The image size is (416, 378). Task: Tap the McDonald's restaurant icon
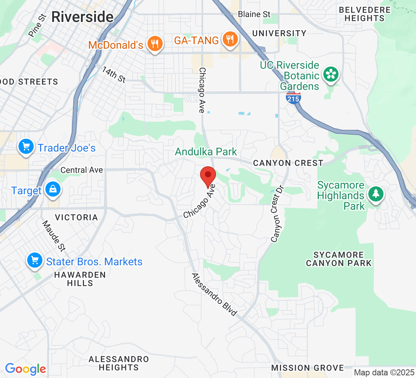pyautogui.click(x=154, y=43)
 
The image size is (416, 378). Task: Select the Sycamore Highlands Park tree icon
pyautogui.click(x=376, y=194)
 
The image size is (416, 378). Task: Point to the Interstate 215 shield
pyautogui.click(x=293, y=98)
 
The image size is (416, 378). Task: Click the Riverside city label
pyautogui.click(x=82, y=17)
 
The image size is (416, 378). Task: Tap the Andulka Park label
pyautogui.click(x=206, y=152)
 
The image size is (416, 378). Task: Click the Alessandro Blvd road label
pyautogui.click(x=214, y=294)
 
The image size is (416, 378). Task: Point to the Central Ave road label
pyautogui.click(x=82, y=170)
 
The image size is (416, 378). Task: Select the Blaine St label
pyautogui.click(x=254, y=14)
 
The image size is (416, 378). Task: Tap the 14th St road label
pyautogui.click(x=113, y=74)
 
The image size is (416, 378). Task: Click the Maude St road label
pyautogui.click(x=54, y=236)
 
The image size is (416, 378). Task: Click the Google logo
pyautogui.click(x=25, y=369)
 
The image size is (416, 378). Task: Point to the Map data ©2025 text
pyautogui.click(x=384, y=372)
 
